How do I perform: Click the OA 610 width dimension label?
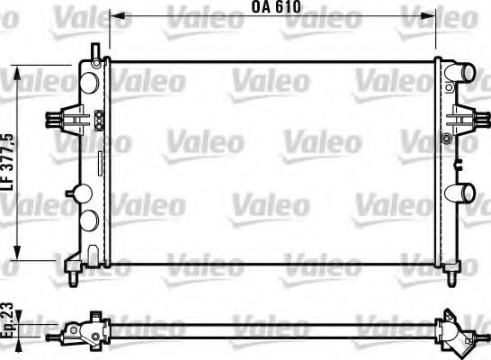(273, 8)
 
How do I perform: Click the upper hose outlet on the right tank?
(464, 73)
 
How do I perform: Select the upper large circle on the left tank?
(90, 82)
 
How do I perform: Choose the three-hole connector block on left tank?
(99, 118)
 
